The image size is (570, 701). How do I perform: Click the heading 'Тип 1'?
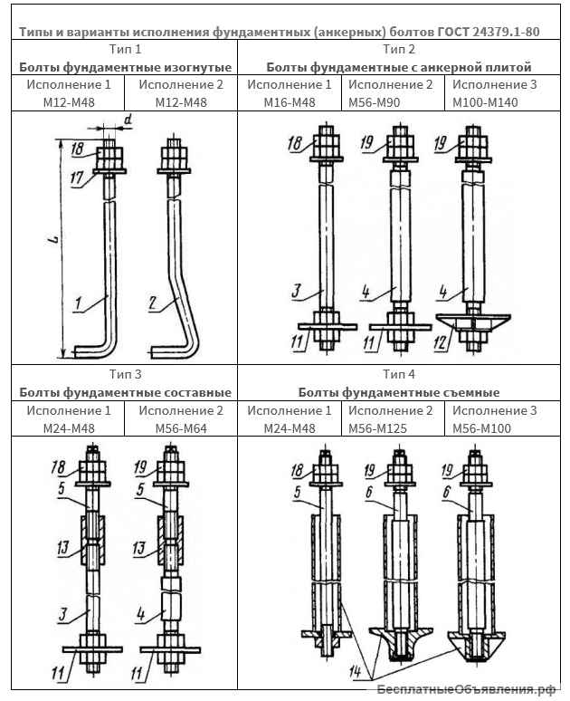point(124,48)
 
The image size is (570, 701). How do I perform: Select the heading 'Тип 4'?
point(399,373)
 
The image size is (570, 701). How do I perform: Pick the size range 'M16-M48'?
point(289,102)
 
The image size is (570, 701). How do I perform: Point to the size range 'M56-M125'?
point(390,427)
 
